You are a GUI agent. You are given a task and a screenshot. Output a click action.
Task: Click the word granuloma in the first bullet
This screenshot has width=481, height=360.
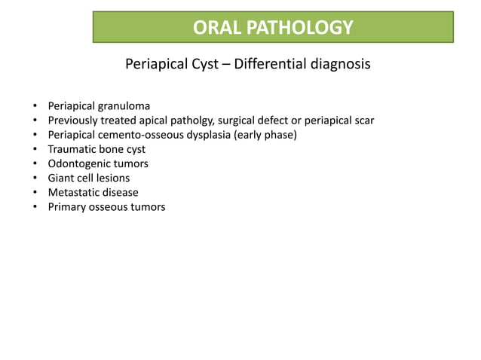click(x=123, y=106)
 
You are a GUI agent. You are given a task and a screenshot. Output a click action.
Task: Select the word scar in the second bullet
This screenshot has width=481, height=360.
click(x=363, y=121)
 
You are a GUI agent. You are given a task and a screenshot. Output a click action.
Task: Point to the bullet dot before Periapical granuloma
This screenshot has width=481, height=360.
click(x=35, y=106)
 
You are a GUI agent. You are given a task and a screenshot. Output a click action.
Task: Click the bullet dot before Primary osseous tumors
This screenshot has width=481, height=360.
click(x=35, y=207)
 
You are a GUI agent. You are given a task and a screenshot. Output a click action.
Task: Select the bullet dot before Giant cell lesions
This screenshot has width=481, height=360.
click(x=35, y=178)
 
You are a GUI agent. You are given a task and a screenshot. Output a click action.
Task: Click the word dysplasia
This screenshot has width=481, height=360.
click(x=205, y=135)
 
